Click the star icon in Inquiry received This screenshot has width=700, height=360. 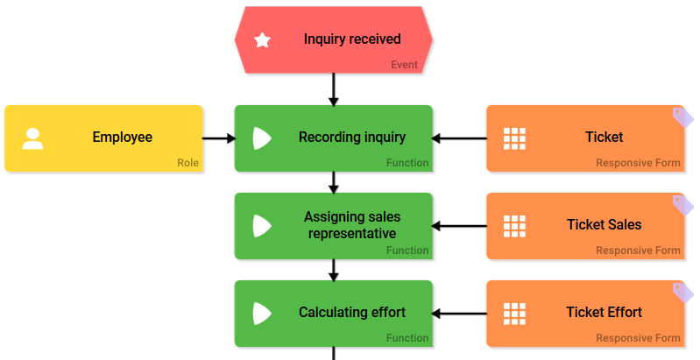[262, 39]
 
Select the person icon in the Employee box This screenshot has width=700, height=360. [33, 138]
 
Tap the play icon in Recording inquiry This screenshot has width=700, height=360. [262, 138]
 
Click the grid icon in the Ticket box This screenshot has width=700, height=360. [514, 138]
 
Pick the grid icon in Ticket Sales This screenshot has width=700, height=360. [514, 226]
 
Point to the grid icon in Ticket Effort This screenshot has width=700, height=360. [514, 314]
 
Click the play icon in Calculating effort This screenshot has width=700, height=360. [262, 314]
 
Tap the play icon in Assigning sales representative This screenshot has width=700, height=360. [262, 226]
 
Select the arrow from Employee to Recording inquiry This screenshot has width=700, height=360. [219, 138]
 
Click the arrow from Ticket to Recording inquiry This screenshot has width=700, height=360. [459, 138]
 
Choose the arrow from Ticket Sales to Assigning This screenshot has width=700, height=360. [459, 226]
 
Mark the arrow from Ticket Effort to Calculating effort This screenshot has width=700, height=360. [459, 314]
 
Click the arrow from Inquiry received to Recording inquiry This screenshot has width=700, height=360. [334, 88]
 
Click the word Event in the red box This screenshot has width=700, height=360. [404, 65]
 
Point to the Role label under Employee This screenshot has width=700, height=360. [187, 163]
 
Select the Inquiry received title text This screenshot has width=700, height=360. [352, 39]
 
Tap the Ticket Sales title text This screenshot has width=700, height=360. [604, 225]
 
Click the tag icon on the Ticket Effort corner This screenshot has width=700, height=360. [681, 292]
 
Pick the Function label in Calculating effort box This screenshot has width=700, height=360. [407, 338]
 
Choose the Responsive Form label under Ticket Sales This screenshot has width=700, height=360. [638, 251]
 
